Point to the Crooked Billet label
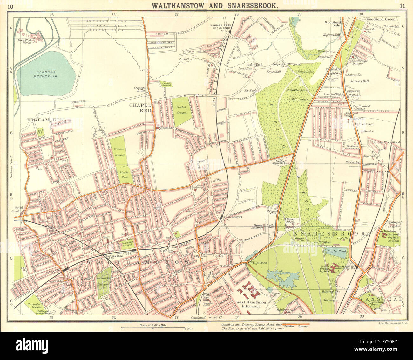click(139, 89)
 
